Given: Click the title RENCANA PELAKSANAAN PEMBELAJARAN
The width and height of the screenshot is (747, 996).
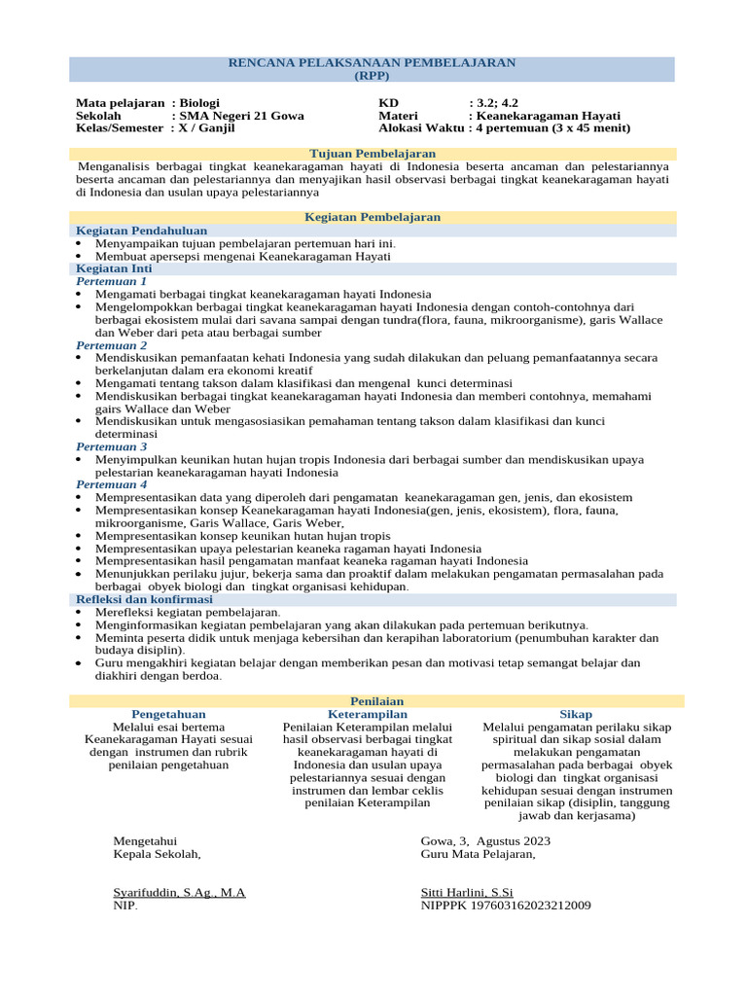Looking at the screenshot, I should click(372, 62).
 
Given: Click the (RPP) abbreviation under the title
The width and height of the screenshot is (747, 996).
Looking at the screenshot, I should click(372, 75).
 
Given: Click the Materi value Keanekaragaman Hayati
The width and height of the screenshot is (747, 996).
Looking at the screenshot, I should click(549, 115).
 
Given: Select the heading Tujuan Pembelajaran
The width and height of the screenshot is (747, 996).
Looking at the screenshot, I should click(372, 154).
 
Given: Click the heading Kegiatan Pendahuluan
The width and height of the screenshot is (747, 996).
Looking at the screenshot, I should click(141, 231).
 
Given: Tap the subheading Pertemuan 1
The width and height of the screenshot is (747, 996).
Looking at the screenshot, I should click(112, 281).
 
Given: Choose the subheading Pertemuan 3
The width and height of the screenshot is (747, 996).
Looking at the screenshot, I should click(112, 446).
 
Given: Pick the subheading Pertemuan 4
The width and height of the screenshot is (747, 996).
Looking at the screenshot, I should click(112, 484).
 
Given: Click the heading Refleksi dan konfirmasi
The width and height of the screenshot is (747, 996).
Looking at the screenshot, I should click(144, 599).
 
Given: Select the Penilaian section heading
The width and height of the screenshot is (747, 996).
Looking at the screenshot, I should click(376, 701).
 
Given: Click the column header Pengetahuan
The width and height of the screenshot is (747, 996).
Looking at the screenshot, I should click(168, 714).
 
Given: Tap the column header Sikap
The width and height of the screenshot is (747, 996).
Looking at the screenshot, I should click(576, 714).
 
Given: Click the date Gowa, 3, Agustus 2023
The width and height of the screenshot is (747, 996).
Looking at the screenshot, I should click(485, 840).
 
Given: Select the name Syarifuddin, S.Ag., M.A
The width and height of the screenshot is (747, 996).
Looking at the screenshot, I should click(180, 892).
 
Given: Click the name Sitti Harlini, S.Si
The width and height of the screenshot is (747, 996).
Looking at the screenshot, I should click(466, 892).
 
